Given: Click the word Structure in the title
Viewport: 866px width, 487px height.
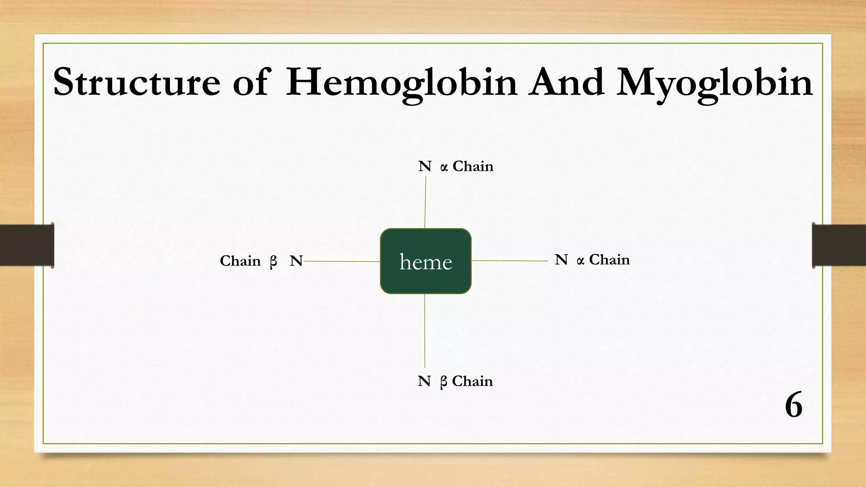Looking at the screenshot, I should [136, 82].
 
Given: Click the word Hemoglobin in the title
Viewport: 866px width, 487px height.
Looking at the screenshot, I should [401, 82].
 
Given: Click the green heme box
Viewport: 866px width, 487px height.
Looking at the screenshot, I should [425, 261].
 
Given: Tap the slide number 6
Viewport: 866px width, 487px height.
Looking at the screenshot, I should [793, 405].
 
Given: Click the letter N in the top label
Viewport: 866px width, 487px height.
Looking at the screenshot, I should [425, 167].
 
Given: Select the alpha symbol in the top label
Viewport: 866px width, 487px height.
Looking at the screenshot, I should [444, 168].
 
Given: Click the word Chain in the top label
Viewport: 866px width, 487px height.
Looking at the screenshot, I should [473, 167].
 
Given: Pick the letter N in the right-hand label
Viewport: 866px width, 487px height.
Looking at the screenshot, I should [561, 260].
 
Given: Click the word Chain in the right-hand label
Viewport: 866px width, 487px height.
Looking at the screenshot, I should [609, 260].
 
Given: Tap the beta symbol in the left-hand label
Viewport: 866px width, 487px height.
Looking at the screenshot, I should [274, 262].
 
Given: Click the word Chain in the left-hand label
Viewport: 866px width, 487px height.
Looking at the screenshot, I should [240, 261].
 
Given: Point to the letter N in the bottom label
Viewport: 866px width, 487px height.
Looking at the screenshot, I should [424, 381].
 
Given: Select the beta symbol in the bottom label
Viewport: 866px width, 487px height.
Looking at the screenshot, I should [443, 382].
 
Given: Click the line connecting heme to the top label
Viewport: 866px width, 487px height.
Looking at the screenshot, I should [425, 203].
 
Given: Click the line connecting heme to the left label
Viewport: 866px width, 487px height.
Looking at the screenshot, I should [342, 261].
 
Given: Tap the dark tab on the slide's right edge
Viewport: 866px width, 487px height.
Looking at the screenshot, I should [839, 245].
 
